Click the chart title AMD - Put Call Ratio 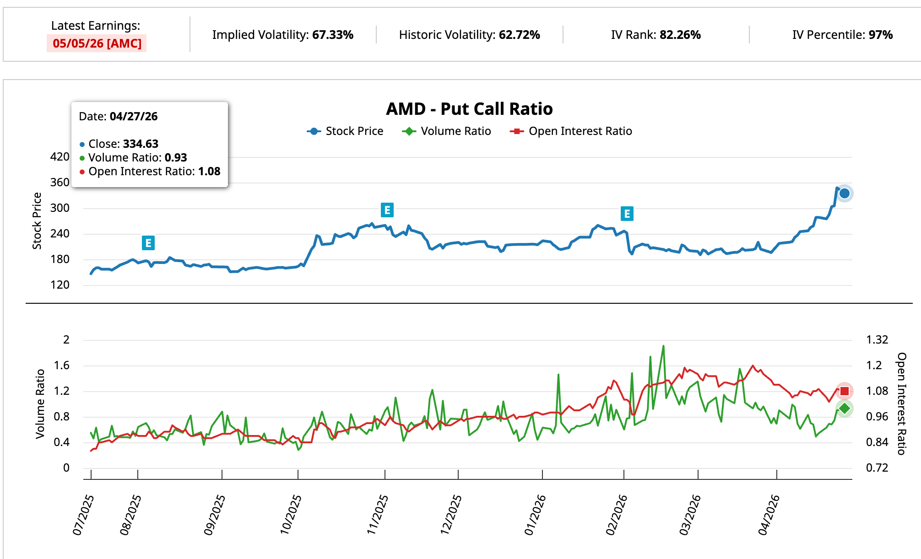[x=469, y=109]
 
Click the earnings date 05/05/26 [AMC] [x=97, y=43]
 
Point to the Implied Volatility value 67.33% [x=333, y=35]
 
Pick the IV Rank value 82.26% [x=680, y=35]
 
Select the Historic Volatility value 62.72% [x=519, y=35]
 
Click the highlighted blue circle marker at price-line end [x=845, y=193]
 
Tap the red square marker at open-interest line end [x=845, y=391]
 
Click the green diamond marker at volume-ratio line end [x=845, y=408]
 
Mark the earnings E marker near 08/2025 [x=148, y=243]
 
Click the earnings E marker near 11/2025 [x=387, y=210]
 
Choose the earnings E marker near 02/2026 [x=627, y=214]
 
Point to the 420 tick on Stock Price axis [x=60, y=157]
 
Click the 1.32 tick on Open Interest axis [x=877, y=340]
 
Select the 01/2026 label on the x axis [x=535, y=515]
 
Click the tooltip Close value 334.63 [x=141, y=144]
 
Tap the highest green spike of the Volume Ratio [x=663, y=346]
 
